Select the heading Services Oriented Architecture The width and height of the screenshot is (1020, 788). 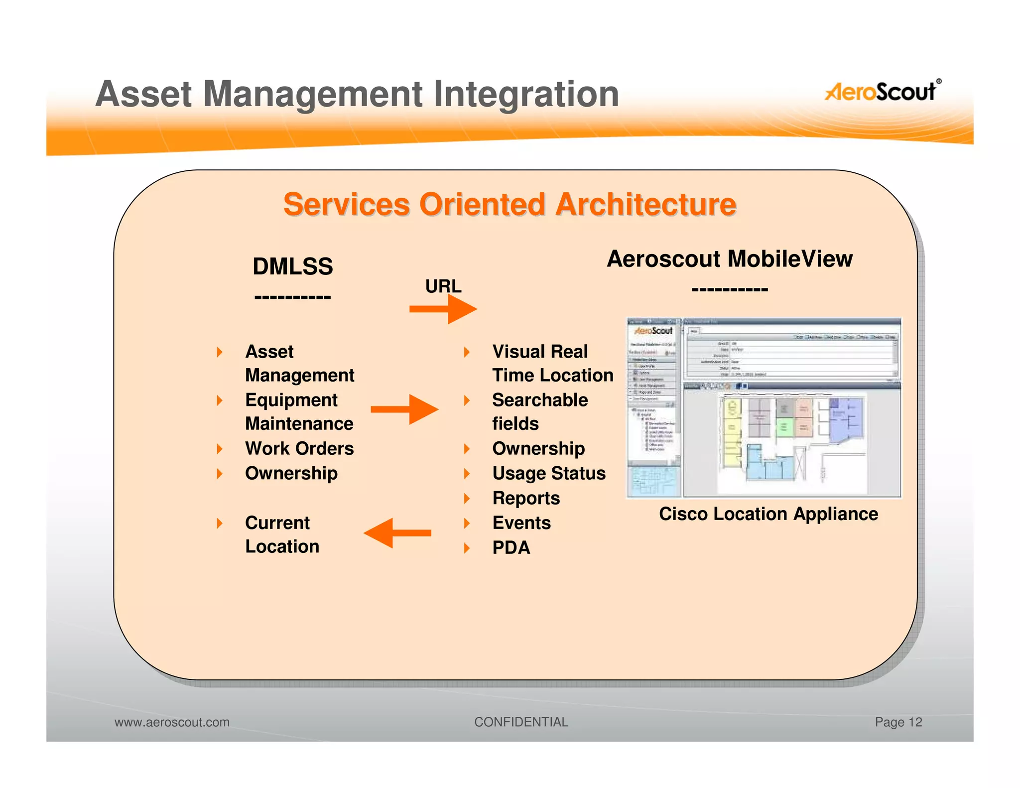510,204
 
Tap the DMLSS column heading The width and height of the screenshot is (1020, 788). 292,266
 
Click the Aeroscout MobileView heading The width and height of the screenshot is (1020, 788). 729,259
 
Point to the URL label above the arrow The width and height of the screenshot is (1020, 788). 443,286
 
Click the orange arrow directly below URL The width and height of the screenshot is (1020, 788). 443,309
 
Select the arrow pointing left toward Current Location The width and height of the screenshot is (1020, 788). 397,533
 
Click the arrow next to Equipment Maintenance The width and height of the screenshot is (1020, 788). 404,409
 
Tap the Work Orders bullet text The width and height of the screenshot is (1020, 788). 299,448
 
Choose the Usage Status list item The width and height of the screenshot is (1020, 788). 549,473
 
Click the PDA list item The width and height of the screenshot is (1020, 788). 511,547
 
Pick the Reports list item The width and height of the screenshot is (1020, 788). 526,498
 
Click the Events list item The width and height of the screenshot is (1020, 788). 521,523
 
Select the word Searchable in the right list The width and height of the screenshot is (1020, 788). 540,400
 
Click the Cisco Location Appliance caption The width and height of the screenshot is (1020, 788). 768,514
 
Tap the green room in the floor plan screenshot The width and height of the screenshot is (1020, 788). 784,427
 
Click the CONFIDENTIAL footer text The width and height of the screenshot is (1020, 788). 521,722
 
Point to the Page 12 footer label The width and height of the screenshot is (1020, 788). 898,722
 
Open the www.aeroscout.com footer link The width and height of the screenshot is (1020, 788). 172,722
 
